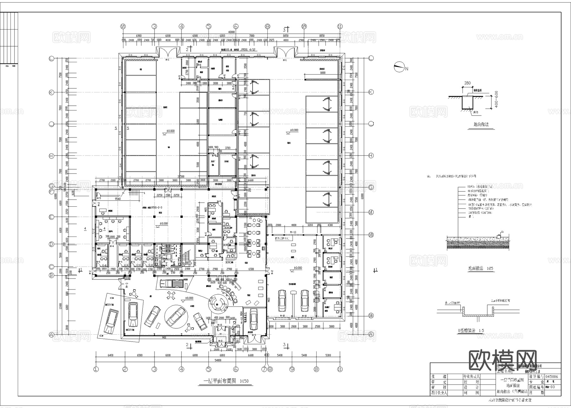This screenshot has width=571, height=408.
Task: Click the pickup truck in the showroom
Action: [x=172, y=283]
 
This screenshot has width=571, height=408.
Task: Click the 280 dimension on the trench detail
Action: [x=467, y=84]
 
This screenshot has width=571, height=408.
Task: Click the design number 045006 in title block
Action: [x=552, y=377]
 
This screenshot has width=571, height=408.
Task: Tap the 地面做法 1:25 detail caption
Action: [x=481, y=268]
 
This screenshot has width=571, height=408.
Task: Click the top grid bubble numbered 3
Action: [x=154, y=27]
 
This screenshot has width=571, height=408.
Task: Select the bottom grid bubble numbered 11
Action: [x=340, y=369]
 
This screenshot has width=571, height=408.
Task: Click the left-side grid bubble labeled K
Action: [x=51, y=92]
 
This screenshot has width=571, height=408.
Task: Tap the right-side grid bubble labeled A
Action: [x=371, y=334]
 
